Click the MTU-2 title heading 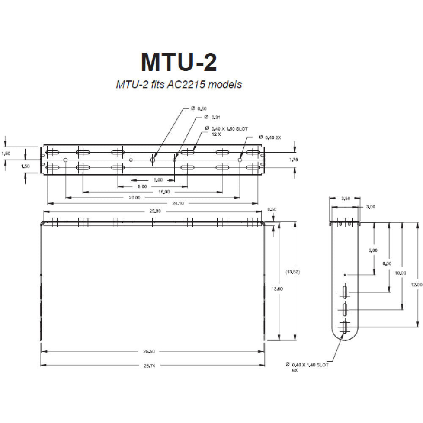pos(179,62)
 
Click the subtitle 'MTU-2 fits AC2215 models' pos(179,85)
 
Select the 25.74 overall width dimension pos(150,366)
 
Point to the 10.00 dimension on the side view pos(401,272)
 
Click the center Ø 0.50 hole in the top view pos(153,160)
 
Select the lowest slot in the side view pos(346,327)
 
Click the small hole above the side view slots pos(345,275)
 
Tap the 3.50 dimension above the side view pos(345,198)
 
